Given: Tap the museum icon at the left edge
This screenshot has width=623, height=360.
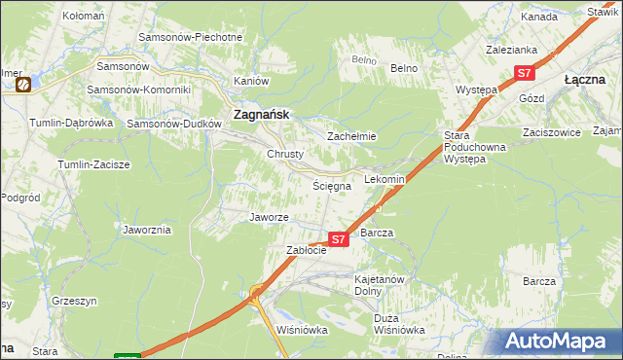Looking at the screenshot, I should (21, 85).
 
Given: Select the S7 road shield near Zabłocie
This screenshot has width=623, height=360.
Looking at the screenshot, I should (338, 238).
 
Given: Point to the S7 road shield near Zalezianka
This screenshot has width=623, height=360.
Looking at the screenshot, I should (524, 73).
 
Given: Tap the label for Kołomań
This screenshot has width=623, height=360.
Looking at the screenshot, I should (84, 17).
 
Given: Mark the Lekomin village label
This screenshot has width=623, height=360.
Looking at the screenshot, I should (385, 180).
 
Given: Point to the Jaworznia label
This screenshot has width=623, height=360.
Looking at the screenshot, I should (147, 230).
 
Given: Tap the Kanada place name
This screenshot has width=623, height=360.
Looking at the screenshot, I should (538, 18).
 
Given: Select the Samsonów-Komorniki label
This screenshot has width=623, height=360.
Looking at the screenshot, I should (138, 90).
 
